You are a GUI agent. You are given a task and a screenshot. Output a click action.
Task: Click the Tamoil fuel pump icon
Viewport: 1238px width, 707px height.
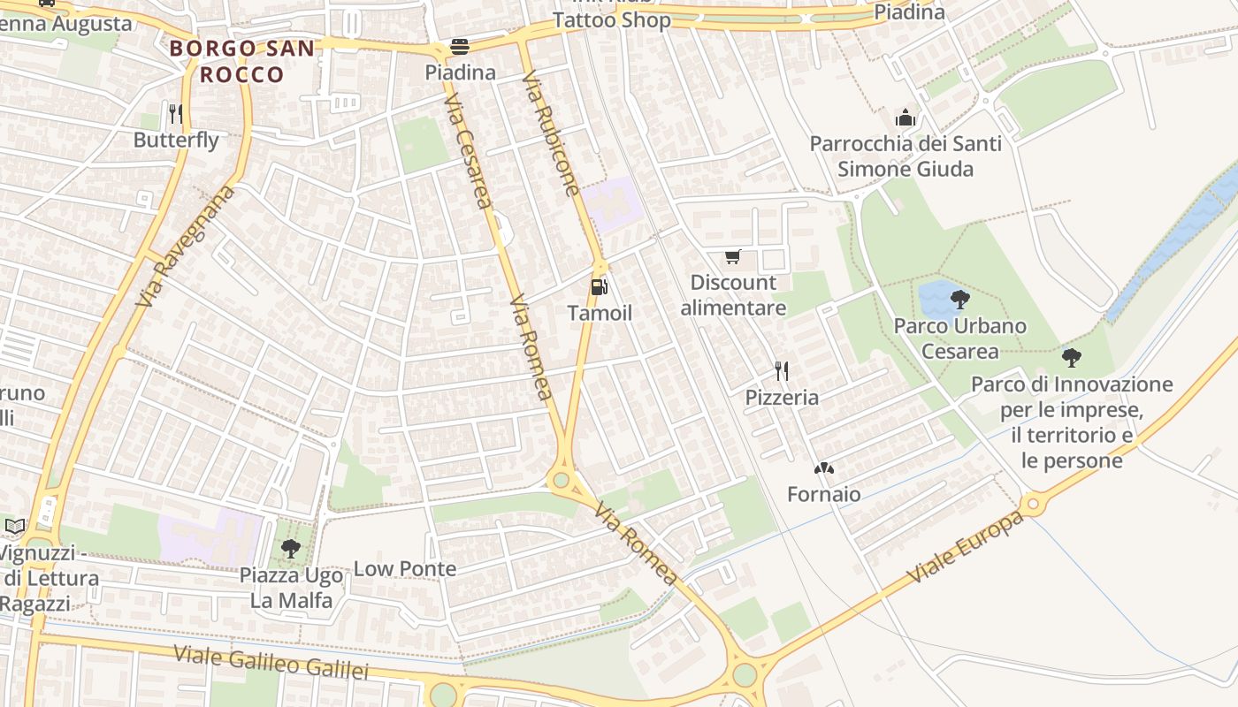click(599, 286)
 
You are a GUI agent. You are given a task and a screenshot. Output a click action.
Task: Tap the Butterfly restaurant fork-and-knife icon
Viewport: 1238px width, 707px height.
click(175, 113)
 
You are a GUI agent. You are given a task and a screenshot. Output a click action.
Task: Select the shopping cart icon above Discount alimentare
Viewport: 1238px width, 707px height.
click(732, 257)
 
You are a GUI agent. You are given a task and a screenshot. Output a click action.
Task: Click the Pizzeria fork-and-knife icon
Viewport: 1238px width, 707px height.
click(781, 370)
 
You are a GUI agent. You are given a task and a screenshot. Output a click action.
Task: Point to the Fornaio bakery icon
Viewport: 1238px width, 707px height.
click(823, 468)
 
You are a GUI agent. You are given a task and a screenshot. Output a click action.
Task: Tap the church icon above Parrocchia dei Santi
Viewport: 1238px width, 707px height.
click(905, 118)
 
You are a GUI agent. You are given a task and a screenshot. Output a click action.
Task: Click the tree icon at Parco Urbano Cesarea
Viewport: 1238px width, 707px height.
click(959, 299)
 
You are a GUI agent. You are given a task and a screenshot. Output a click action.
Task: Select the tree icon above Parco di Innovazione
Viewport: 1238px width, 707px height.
click(1072, 358)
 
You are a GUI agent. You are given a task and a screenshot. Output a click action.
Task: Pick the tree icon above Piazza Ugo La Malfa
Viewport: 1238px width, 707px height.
click(290, 549)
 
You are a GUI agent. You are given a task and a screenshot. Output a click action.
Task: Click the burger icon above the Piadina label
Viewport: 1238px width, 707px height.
click(460, 46)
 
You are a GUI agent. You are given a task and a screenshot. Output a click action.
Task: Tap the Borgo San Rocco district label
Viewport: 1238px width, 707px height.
click(241, 61)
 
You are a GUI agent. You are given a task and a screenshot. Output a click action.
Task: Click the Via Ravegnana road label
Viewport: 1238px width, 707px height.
click(187, 246)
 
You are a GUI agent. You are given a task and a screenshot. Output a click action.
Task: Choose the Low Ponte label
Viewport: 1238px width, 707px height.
click(405, 568)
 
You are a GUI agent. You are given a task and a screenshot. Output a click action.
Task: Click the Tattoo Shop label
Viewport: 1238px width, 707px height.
click(611, 20)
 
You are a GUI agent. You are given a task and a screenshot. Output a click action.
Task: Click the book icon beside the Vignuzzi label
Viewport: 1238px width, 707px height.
click(15, 526)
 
